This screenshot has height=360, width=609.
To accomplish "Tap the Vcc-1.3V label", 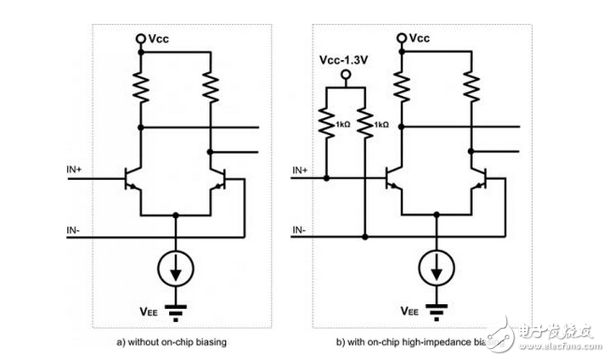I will (x=344, y=61).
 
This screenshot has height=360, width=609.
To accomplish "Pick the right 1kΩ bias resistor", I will (x=364, y=124).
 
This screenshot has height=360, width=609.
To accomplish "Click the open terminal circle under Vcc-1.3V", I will (x=345, y=75).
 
